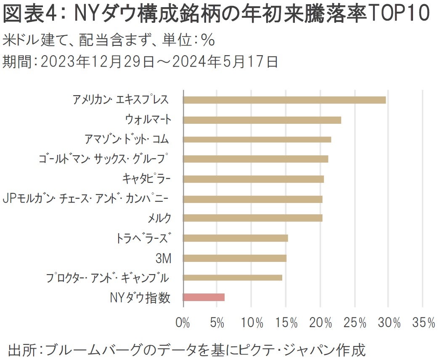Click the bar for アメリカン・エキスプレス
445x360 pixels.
point(284,100)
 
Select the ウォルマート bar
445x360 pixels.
point(262,120)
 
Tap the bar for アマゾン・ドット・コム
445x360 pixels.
point(257,140)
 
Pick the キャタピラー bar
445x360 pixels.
point(254,179)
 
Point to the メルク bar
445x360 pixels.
point(253,218)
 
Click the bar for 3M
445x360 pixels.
point(235,258)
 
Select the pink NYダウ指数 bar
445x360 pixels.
point(204,297)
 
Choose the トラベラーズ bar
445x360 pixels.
point(236,238)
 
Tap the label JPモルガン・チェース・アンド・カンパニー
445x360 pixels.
point(86,198)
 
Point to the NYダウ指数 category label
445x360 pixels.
point(140,298)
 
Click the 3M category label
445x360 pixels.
point(164,258)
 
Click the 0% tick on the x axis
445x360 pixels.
point(183,323)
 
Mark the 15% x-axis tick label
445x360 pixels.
point(288,323)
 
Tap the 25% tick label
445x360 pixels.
point(356,323)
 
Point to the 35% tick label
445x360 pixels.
point(424,323)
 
